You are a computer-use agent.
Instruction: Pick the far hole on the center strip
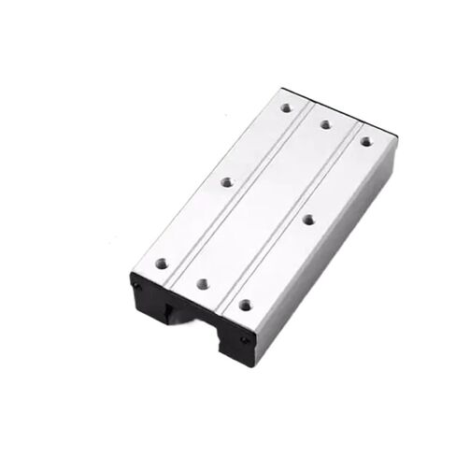click(325, 123)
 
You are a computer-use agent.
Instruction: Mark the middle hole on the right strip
click(308, 219)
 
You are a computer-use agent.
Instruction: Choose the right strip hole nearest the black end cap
click(245, 305)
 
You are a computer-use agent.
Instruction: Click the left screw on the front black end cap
click(137, 284)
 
